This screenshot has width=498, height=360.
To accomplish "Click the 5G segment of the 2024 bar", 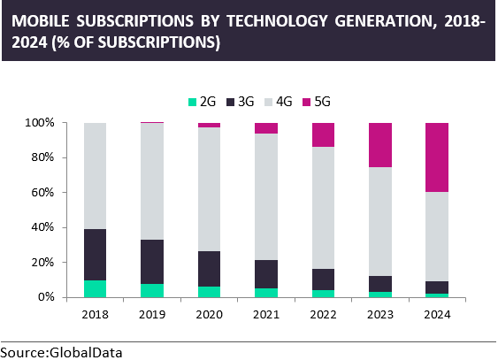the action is [437, 157].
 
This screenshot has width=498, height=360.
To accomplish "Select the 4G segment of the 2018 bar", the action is [95, 176].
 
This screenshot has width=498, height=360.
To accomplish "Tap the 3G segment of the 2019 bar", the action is [152, 262].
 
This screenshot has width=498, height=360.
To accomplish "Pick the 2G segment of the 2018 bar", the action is [95, 289].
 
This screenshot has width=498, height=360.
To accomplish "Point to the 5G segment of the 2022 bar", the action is [324, 135].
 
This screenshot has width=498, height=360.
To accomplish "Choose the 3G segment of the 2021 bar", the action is [266, 274].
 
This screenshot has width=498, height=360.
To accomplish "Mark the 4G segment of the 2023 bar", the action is [380, 222].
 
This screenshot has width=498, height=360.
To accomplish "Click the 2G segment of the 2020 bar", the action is [209, 292].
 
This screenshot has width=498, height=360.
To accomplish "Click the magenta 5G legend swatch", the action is [306, 102].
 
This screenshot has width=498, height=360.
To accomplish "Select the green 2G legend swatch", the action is [193, 102].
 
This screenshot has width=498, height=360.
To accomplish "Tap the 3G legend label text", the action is [246, 102].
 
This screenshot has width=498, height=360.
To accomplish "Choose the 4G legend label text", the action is [284, 102].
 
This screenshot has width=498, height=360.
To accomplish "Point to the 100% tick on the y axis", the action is [65, 123].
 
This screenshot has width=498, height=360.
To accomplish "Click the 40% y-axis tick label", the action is [42, 227].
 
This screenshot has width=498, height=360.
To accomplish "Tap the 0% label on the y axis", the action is [46, 297].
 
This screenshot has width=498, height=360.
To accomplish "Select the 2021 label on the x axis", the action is [266, 315].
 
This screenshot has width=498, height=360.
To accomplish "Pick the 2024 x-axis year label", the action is [437, 315].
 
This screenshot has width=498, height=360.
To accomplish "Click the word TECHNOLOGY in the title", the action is [277, 21].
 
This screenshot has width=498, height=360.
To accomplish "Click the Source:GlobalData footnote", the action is [61, 353].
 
